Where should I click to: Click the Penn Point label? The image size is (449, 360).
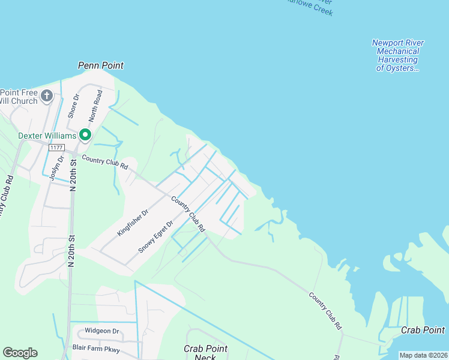(101, 64)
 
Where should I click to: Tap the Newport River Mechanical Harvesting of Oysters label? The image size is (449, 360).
(397, 55)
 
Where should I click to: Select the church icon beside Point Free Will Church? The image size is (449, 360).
(47, 95)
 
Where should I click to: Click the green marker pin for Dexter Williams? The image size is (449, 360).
(85, 135)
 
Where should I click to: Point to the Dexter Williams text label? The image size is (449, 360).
(47, 136)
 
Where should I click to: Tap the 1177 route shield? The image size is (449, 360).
(57, 148)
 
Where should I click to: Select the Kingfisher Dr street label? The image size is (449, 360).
(133, 223)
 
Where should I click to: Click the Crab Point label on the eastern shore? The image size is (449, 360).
(423, 330)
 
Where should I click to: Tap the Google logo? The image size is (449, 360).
(20, 353)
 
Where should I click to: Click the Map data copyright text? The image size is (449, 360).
(423, 355)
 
